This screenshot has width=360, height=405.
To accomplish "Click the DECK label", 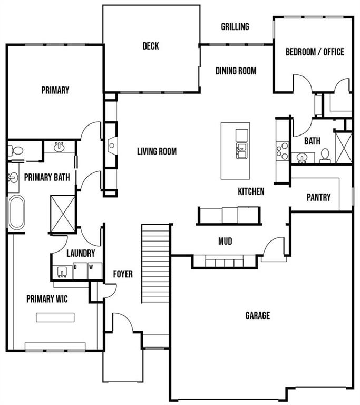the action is coord(151,46).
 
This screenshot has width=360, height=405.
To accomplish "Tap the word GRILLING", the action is coord(235,26).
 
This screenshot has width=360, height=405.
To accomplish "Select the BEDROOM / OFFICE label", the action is coord(315,52).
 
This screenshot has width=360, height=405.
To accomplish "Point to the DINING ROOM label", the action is coord(236,71).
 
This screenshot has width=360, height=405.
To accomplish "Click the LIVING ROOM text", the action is coord(157,151).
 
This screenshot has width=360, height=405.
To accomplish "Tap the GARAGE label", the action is coord(257,315).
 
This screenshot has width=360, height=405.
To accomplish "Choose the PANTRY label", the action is coord(318,197).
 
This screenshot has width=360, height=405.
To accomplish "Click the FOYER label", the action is coord(123,274).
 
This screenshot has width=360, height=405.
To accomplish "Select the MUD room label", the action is coord(225,241).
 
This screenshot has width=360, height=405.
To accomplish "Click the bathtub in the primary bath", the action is coord(17,212).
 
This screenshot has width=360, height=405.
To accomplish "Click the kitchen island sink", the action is coord(241,151).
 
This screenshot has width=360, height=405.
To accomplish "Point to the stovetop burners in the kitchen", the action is coord(283,151).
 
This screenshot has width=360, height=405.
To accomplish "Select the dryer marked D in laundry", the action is coord(80,271).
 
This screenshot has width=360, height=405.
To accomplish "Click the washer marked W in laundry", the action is coord(95,271).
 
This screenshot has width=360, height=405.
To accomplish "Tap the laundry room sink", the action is coord(62,272).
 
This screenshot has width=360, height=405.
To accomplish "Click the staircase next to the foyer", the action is coord(155,264).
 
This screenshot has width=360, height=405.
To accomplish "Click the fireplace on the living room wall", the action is coord(112,146).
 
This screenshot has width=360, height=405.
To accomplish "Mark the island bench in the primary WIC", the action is coord(55,317).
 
